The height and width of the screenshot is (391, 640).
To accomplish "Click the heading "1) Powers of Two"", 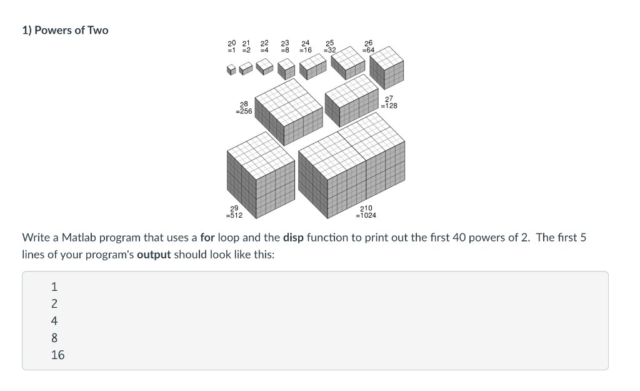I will (65, 30).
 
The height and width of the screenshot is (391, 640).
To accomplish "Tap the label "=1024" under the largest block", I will (366, 215).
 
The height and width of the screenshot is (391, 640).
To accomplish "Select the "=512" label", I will (234, 215).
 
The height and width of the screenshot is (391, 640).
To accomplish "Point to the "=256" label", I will (244, 111).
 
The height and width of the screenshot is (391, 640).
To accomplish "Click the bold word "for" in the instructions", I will (207, 238).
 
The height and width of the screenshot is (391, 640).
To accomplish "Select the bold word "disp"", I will (293, 238).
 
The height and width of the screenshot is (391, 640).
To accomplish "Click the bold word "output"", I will (154, 255).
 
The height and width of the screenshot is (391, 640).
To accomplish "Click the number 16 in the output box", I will (57, 355).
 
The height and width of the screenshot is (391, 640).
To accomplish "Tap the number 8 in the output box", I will (54, 338).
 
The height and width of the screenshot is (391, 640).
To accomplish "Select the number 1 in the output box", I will (54, 287).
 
